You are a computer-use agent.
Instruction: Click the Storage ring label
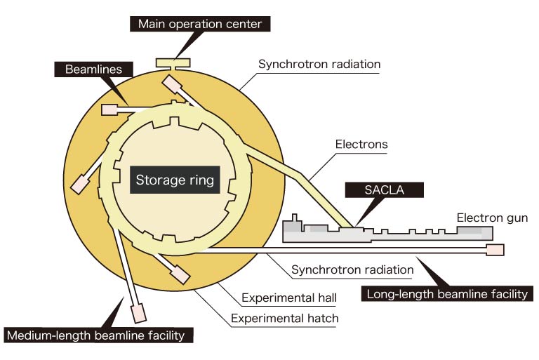(175, 180)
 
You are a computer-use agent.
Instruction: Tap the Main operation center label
(200, 25)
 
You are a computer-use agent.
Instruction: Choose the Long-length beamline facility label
(446, 294)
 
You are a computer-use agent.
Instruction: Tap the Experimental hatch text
(285, 319)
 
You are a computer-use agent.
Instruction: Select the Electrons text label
(361, 145)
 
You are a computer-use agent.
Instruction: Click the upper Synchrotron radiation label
(319, 65)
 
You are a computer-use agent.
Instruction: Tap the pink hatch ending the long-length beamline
(495, 249)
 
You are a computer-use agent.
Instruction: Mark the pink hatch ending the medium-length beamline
(138, 311)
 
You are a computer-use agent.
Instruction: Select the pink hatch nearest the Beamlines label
(110, 109)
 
